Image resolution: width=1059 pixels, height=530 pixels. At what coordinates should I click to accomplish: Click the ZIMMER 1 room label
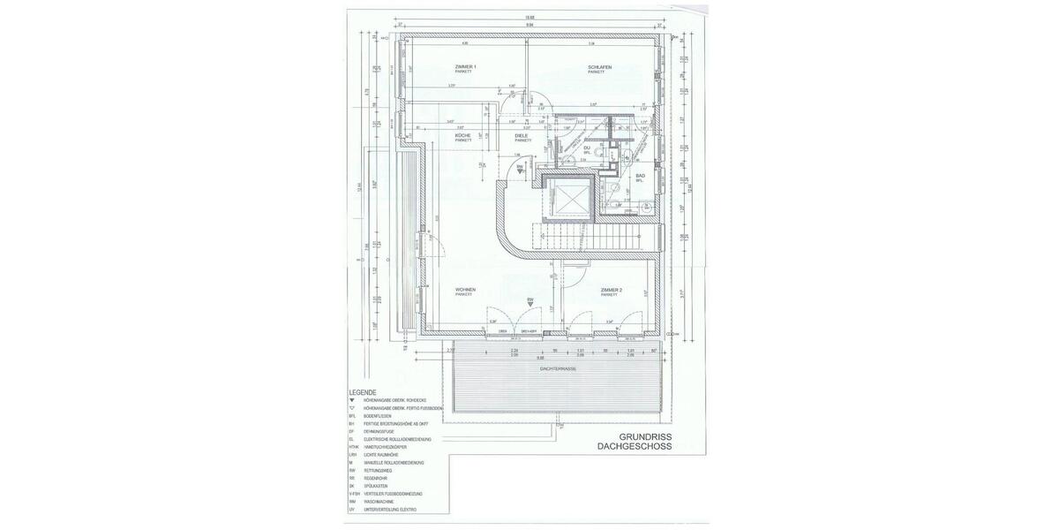[465, 67]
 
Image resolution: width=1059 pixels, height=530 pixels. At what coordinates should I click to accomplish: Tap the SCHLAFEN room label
[599, 67]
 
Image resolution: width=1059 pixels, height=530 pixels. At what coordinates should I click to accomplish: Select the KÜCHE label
[462, 135]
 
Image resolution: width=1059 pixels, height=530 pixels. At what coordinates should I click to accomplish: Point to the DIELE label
[522, 135]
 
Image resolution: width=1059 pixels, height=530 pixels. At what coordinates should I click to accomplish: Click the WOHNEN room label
[465, 290]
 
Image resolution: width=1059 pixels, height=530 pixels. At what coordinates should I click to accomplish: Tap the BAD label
[640, 176]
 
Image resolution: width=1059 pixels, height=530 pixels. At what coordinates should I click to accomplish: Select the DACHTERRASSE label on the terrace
[558, 367]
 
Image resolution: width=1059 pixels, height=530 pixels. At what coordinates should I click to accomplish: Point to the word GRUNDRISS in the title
[645, 436]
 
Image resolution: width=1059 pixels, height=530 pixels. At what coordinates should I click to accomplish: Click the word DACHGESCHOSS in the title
[634, 447]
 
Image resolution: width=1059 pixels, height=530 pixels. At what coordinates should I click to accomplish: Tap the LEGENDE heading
[363, 392]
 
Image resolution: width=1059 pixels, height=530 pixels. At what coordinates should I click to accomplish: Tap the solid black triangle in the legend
[352, 400]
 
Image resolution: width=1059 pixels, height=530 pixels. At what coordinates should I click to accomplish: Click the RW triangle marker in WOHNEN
[530, 302]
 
